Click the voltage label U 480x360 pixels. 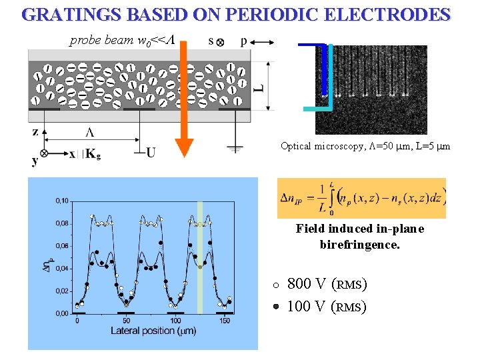(x=151, y=153)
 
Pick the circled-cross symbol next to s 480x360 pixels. (x=220, y=42)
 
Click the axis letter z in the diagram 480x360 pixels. (x=35, y=131)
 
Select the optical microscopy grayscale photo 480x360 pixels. (x=371, y=89)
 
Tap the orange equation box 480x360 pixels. (x=361, y=198)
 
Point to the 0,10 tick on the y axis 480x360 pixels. (x=61, y=201)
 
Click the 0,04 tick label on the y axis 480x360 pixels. (x=61, y=269)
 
